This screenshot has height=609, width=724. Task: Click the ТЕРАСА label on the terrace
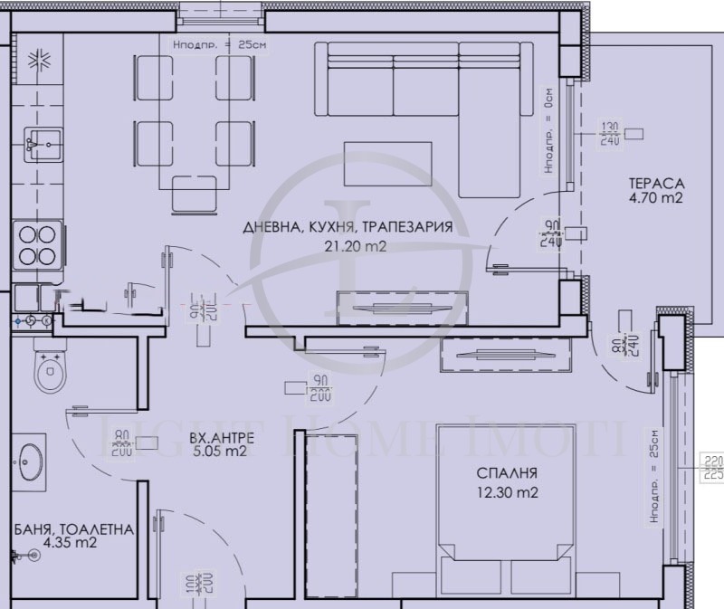[x=656, y=183]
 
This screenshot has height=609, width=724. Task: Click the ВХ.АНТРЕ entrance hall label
[x=222, y=438]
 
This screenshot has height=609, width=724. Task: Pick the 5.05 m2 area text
[x=222, y=452]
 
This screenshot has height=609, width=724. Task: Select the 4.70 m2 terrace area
[x=656, y=197]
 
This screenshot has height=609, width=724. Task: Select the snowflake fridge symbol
[x=38, y=62]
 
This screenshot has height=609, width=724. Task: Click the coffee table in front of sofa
[x=388, y=164]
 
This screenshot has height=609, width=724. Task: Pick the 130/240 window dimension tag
[x=610, y=134]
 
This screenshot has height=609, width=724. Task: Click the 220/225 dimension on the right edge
[x=712, y=465]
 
